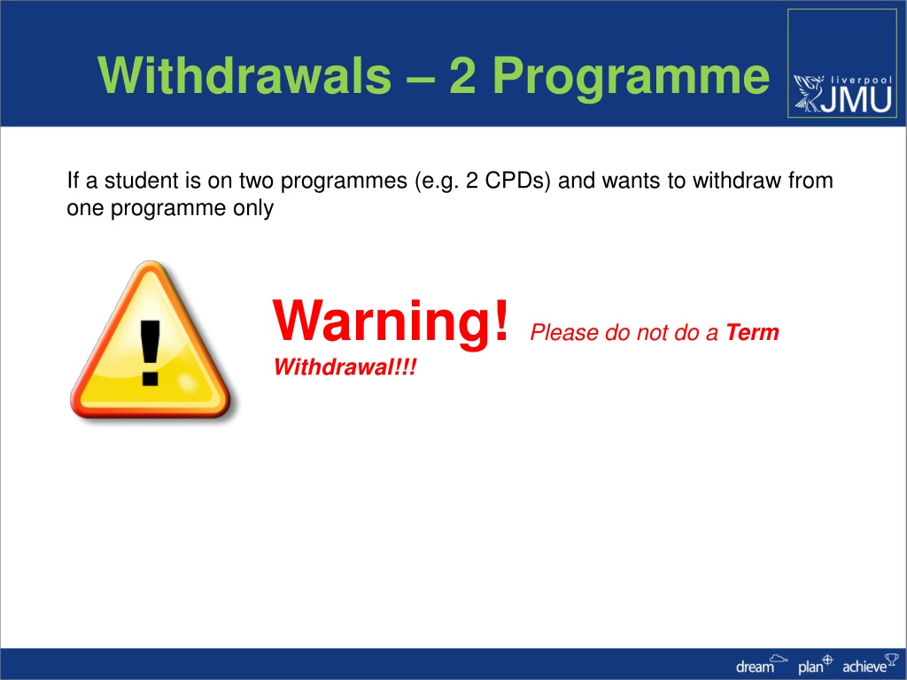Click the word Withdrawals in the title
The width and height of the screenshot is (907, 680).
pyautogui.click(x=244, y=75)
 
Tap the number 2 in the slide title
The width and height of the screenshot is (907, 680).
pyautogui.click(x=462, y=76)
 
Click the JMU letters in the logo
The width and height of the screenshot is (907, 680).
pyautogui.click(x=857, y=99)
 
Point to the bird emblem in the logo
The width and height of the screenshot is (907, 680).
pyautogui.click(x=809, y=92)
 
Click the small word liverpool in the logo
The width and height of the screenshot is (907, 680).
pyautogui.click(x=861, y=81)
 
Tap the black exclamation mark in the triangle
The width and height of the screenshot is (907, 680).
pyautogui.click(x=151, y=352)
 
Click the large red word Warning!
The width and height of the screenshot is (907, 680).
pyautogui.click(x=391, y=321)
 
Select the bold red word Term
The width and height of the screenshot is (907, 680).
pyautogui.click(x=753, y=333)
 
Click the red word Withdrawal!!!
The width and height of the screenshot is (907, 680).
pyautogui.click(x=345, y=367)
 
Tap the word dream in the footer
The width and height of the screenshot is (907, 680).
pyautogui.click(x=755, y=667)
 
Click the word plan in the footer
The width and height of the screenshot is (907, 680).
pyautogui.click(x=810, y=668)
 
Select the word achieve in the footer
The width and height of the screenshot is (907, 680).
pyautogui.click(x=864, y=667)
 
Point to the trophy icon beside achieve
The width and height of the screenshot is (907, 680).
pyautogui.click(x=892, y=659)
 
